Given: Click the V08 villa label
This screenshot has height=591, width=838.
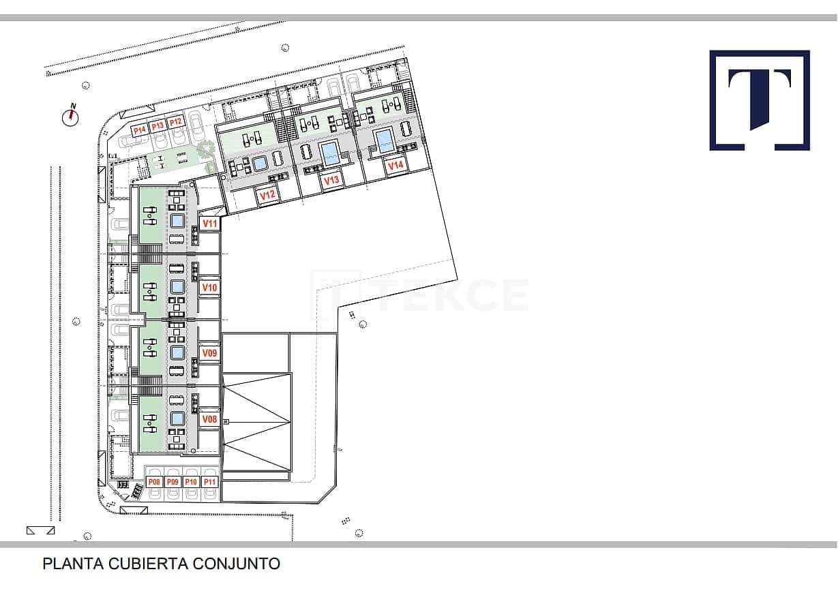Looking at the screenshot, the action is coord(209,419).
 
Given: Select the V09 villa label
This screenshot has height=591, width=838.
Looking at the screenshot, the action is coord(209,352).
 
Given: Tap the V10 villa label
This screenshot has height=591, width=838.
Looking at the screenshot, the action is coord(209,287).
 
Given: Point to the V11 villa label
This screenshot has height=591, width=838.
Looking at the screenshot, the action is coord(210,224).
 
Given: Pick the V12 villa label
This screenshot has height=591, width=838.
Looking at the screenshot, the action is coord(267,195).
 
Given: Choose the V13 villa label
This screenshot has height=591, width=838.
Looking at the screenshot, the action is coord(331,181).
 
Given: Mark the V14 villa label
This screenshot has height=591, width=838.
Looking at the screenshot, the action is coord(395,166).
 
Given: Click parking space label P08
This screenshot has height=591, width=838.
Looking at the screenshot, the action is coord(154,482).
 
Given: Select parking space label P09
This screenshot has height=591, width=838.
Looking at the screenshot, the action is coord(173,482).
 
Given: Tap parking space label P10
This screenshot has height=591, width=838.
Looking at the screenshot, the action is coord(191,482).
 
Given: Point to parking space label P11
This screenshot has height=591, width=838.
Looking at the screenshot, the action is coord(209,482).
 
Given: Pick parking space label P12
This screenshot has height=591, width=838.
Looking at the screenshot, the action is coord(175,122).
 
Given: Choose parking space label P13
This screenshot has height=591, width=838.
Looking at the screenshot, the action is coord(158,126).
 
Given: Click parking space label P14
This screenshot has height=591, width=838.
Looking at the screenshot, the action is coord(140,130).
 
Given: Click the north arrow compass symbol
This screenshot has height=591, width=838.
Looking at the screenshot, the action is coord(70,116).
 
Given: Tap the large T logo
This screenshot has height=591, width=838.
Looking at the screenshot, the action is coord(760,100).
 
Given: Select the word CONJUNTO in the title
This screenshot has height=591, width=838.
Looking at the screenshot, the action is coord(237,563).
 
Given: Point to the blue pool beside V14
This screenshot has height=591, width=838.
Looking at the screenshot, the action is coord(385,140).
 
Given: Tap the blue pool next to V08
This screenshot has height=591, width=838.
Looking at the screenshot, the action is coord(177,419).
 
